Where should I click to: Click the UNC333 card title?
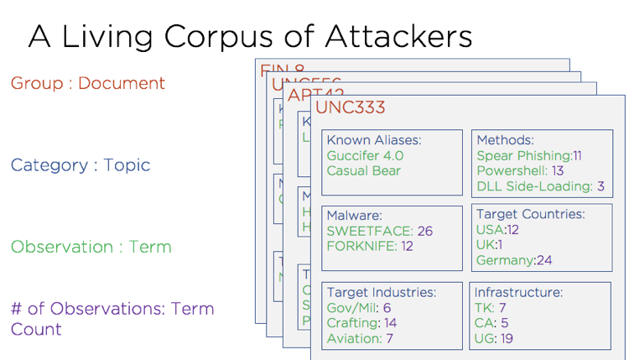[351, 107]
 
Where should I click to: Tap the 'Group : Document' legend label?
[88, 83]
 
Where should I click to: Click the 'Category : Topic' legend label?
[81, 164]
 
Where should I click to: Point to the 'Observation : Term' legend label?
[91, 247]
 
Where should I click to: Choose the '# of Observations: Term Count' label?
[112, 318]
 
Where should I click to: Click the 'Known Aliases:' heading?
[373, 140]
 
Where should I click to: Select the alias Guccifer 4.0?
[365, 155]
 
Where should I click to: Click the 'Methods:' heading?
[505, 140]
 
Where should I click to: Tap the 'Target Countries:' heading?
[530, 215]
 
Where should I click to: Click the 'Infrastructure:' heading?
[518, 293]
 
